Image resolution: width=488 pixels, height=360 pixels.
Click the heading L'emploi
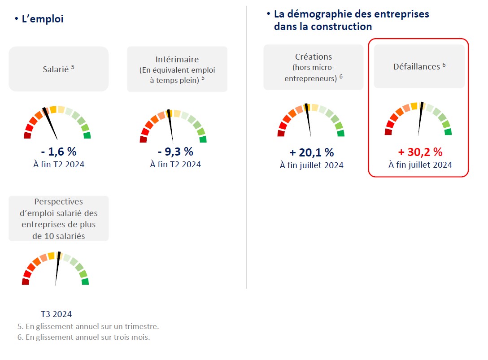pyautogui.click(x=42, y=19)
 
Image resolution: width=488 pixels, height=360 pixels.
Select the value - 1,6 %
pyautogui.click(x=58, y=151)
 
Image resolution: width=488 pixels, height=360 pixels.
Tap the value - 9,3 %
pyautogui.click(x=175, y=151)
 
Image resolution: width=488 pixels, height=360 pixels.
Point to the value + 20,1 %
pyautogui.click(x=311, y=152)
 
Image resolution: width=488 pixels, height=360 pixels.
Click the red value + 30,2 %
pyautogui.click(x=420, y=152)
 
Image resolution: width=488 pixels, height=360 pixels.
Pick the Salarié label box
pyautogui.click(x=58, y=69)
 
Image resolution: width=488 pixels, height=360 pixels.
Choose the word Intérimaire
pyautogui.click(x=177, y=59)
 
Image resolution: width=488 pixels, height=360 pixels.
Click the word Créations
pyautogui.click(x=314, y=57)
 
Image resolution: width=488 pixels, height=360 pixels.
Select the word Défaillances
pyautogui.click(x=416, y=66)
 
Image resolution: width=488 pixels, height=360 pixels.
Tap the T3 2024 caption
pyautogui.click(x=56, y=314)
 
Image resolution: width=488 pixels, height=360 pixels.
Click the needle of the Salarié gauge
pyautogui.click(x=51, y=124)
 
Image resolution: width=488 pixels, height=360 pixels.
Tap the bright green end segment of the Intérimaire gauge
pyautogui.click(x=203, y=139)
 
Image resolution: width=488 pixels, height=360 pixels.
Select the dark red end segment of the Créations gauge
pyautogui.click(x=281, y=133)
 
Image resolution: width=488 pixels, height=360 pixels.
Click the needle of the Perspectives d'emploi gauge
pyautogui.click(x=57, y=269)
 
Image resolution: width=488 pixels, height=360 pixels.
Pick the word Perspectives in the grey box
pyautogui.click(x=58, y=202)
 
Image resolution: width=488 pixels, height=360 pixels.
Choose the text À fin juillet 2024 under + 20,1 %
pyautogui.click(x=311, y=165)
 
